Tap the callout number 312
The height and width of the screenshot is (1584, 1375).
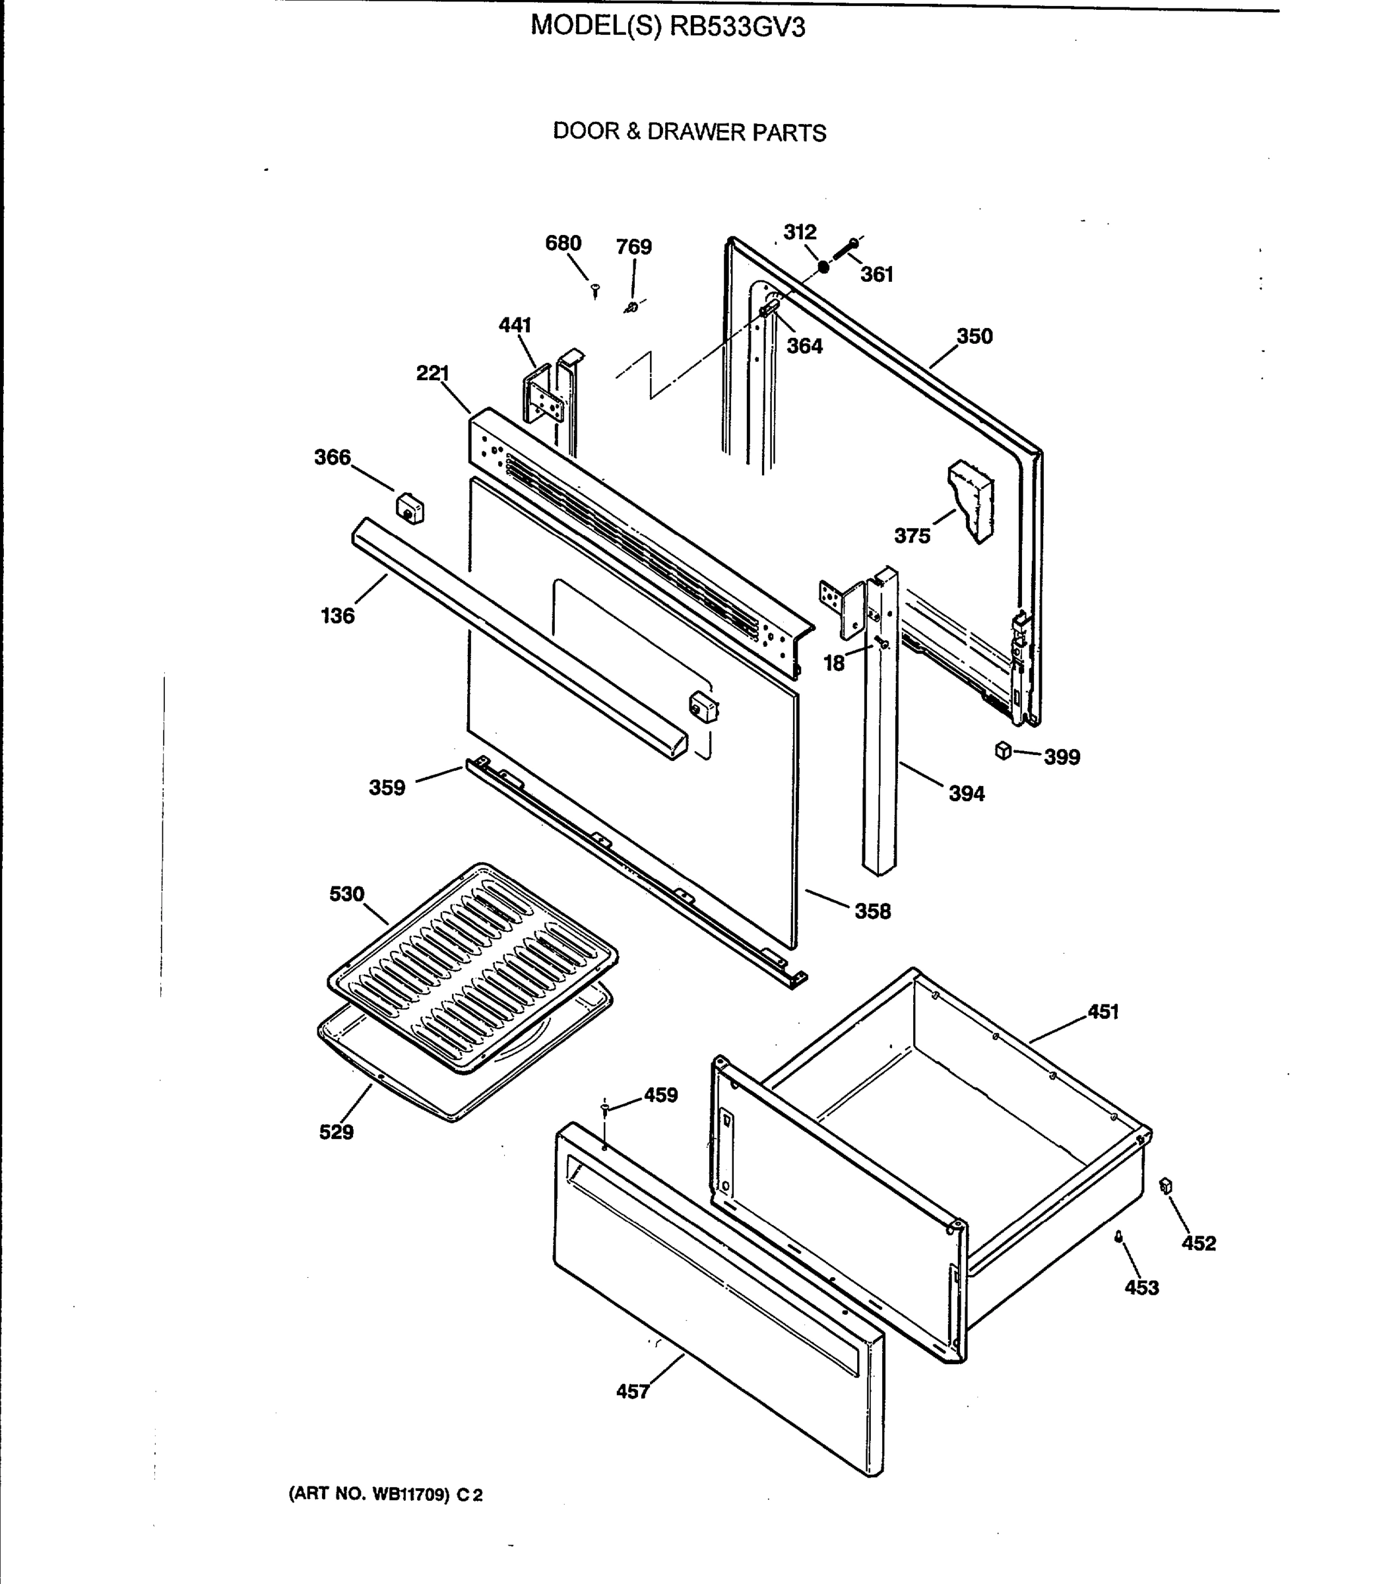800,232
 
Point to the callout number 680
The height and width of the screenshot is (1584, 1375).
563,244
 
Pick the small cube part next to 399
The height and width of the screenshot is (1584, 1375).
1003,750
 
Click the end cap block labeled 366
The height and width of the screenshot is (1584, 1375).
410,509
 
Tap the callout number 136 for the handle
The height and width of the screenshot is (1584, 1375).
338,616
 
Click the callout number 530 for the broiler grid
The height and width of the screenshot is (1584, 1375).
347,894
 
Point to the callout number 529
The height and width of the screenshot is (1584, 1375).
336,1132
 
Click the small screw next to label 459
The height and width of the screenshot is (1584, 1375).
604,1107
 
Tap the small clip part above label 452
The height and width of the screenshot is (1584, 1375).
1166,1187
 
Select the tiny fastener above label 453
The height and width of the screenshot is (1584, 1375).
1120,1236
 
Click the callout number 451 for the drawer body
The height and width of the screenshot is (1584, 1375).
1103,1012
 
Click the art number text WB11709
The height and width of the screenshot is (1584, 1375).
410,1494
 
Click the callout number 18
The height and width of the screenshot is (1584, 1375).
834,663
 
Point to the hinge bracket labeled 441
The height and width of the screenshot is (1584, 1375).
545,401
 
